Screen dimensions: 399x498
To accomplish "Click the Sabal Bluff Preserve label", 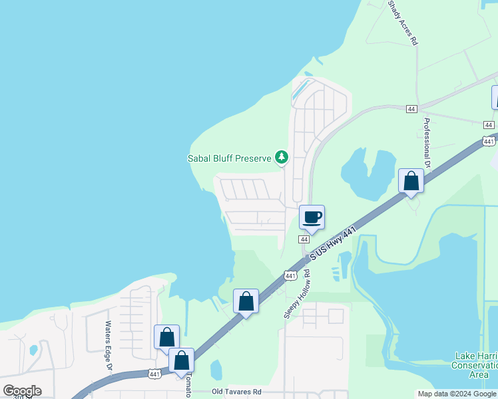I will point(229,158).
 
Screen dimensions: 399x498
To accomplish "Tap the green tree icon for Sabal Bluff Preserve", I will point(282,158).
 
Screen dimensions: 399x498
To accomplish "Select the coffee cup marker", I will point(312,217).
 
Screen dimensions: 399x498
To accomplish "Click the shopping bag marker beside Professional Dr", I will point(411,182).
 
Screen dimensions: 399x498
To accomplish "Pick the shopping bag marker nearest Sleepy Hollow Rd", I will point(246,302).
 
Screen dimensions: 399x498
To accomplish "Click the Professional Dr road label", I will point(427,143).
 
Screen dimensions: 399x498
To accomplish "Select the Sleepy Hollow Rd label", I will point(297,293).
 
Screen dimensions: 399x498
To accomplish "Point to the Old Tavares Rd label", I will point(236,392).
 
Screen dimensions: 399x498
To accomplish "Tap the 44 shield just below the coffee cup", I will point(304,239).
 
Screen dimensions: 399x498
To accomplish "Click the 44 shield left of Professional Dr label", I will point(412,108).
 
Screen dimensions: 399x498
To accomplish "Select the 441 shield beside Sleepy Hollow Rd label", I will point(290,275).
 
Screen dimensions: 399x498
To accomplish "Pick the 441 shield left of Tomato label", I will point(154,374).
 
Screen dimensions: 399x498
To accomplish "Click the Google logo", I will point(22,391).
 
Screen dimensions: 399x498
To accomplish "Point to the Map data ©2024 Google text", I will point(456,394).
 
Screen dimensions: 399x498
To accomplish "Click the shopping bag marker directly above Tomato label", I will point(181,360).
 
